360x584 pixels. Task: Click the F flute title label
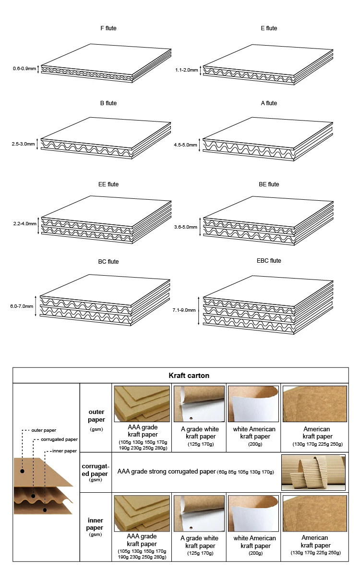coord(108,28)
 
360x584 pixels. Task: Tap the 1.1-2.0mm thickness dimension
coord(186,70)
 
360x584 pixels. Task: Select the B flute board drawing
coord(106,139)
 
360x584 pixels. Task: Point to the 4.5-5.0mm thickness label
coord(186,144)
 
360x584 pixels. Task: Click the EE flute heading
coord(108,184)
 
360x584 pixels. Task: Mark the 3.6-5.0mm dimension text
coord(186,227)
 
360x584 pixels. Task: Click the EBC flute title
coord(269,261)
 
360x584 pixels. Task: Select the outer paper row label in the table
coord(96,416)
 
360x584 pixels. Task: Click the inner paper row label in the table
coord(95,524)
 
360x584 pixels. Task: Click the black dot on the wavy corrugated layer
coord(33,496)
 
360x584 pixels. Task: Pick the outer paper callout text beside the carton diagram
coord(44,430)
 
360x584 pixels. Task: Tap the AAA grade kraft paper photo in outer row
coord(143,404)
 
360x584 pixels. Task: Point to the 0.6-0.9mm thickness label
coord(24,69)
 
